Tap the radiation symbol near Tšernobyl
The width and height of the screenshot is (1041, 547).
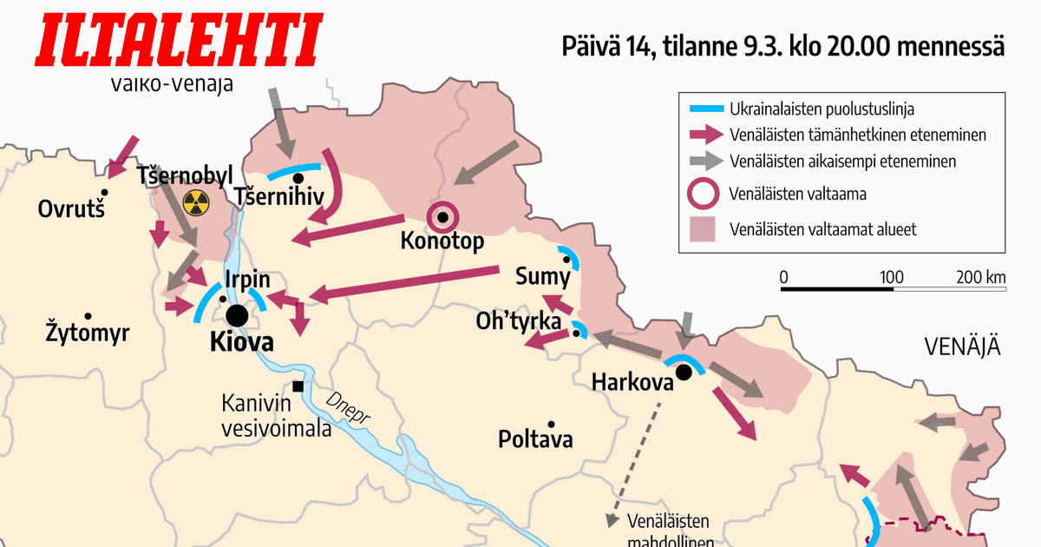point(197,204)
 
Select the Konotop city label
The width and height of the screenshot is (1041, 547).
point(442,241)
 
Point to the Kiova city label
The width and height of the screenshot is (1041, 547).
point(242,342)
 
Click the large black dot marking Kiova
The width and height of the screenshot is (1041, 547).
point(236,316)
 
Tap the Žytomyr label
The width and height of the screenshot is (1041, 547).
point(87,331)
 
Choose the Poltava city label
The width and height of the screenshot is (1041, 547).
point(535,439)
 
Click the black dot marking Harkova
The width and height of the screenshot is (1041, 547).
point(684,372)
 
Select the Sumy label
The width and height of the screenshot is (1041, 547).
point(543,278)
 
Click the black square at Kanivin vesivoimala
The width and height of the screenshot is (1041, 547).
point(298,386)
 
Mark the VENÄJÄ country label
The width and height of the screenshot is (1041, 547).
point(962,348)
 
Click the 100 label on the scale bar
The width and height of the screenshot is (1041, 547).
point(892,277)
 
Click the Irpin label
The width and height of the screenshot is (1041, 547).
point(247,281)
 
